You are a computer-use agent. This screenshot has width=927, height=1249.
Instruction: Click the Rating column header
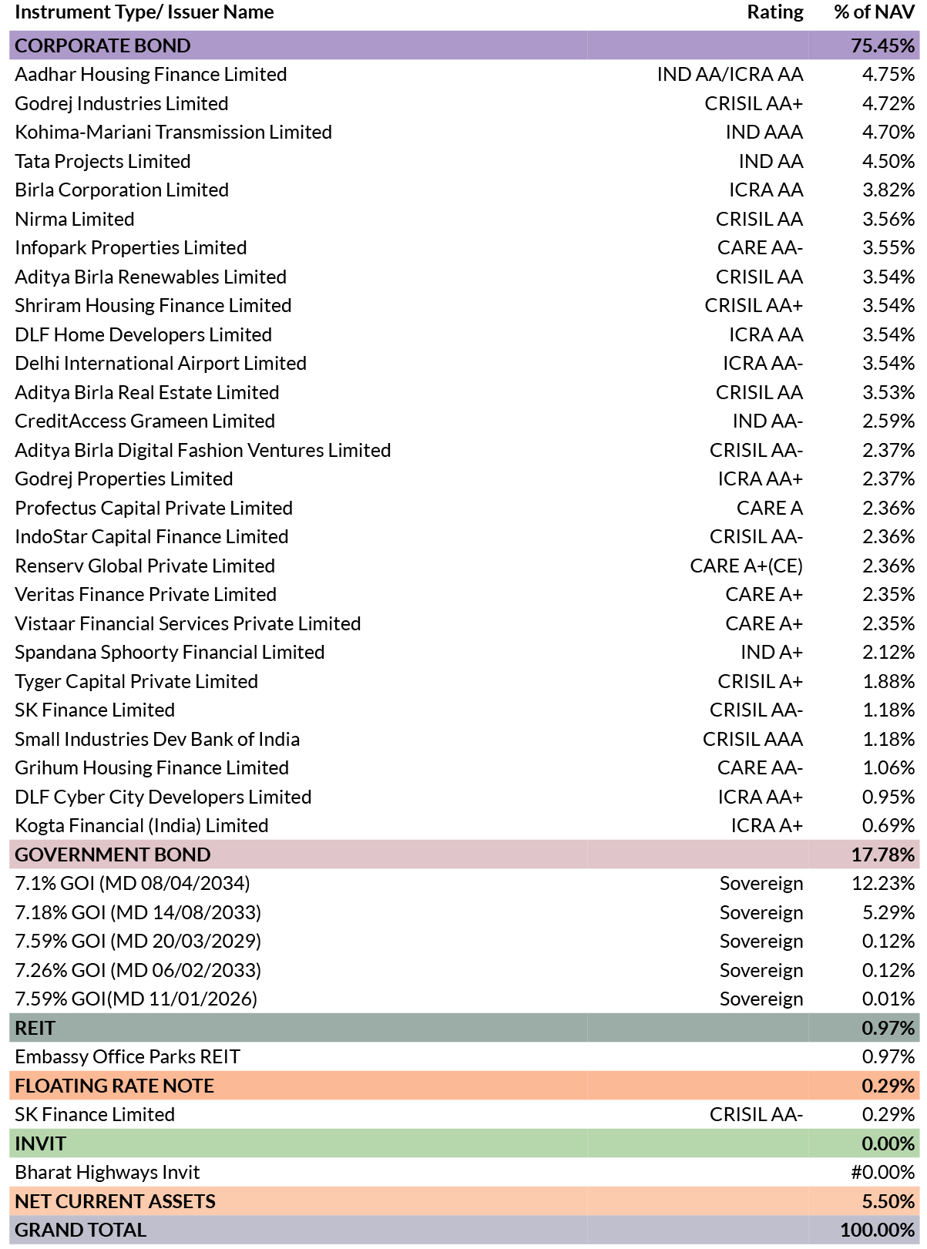click(x=774, y=12)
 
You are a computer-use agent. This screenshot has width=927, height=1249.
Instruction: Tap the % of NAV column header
click(x=874, y=12)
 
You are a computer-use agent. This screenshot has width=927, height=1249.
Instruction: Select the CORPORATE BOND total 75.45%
click(x=882, y=45)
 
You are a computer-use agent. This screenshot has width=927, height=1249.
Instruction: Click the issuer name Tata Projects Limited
click(x=102, y=161)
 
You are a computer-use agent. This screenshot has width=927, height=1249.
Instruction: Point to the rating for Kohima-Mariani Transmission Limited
click(x=764, y=133)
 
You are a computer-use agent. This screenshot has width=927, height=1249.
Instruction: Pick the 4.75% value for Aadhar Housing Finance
click(x=888, y=74)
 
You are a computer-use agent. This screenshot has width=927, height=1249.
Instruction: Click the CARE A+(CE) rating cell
click(x=746, y=566)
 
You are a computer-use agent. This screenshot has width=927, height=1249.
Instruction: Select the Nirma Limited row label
click(x=74, y=219)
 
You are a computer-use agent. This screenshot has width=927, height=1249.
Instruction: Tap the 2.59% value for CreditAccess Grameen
click(x=888, y=421)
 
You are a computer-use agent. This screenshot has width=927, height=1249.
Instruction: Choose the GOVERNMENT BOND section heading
click(x=113, y=854)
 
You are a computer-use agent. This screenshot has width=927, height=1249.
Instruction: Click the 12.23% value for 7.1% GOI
click(x=882, y=884)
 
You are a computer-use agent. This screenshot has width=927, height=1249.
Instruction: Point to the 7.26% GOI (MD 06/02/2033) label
click(x=138, y=970)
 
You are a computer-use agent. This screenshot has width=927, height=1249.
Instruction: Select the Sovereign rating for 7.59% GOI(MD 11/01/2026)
click(x=761, y=999)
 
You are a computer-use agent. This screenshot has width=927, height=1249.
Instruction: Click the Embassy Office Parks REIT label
click(x=127, y=1057)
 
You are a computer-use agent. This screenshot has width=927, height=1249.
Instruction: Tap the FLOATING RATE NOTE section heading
click(x=114, y=1086)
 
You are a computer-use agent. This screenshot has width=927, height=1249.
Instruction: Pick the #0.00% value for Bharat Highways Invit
click(x=882, y=1173)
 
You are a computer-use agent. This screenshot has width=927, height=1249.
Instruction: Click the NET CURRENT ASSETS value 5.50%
click(x=888, y=1201)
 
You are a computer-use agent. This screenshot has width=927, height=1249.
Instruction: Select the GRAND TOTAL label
click(x=81, y=1230)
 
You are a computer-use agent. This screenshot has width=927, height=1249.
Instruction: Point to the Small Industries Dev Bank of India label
click(x=157, y=740)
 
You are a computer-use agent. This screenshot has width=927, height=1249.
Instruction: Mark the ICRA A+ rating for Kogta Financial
click(x=767, y=825)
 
